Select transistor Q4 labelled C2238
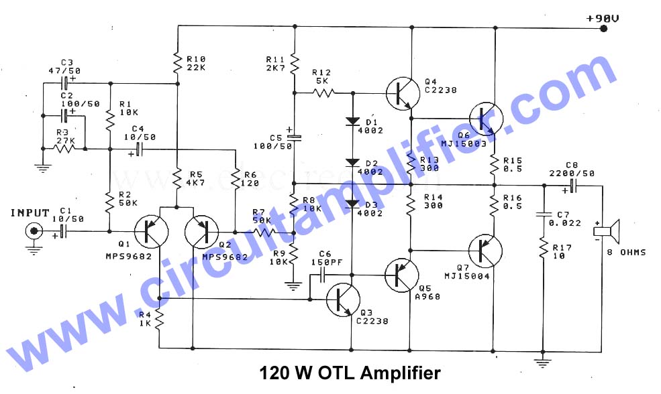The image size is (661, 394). click(x=403, y=92)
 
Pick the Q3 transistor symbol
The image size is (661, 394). click(x=343, y=299)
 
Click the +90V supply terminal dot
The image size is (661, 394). click(x=604, y=28)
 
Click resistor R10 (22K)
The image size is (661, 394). click(x=177, y=63)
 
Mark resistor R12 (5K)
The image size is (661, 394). click(x=321, y=92)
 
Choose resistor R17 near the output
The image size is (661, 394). click(x=542, y=252)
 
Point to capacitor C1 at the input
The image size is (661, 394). click(x=62, y=232)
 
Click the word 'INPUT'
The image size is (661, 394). click(x=30, y=213)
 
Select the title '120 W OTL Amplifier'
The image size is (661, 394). click(x=350, y=373)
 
